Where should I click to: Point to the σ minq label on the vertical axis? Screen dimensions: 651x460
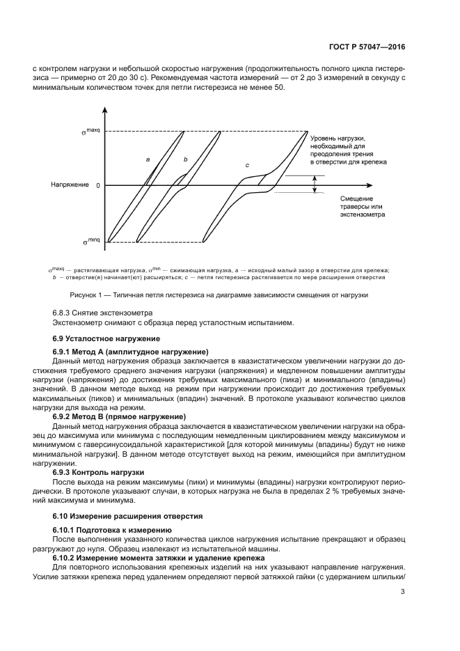[90, 241]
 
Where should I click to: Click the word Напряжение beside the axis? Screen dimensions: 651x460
[70, 185]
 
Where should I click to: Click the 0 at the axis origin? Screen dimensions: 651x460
[97, 186]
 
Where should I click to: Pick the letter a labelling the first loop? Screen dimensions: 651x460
[148, 159]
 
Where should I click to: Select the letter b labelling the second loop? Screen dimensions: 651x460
[185, 159]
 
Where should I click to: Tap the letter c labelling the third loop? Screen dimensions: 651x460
[247, 164]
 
